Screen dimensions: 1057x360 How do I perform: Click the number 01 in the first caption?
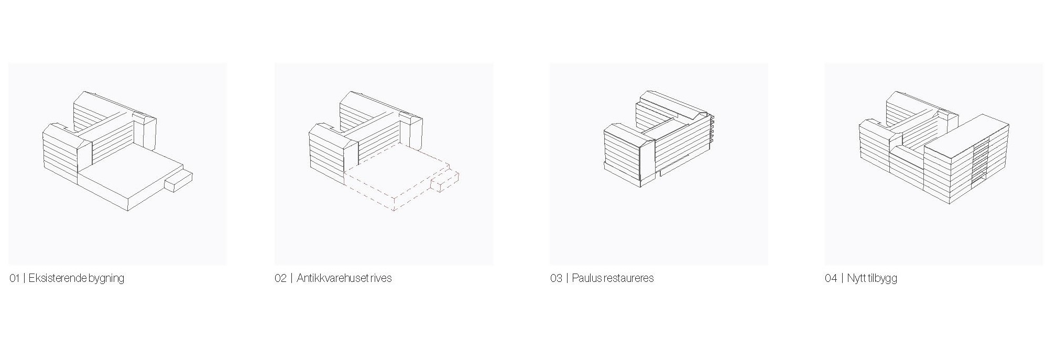pos(14,278)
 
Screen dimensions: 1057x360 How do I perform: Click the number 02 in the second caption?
pos(280,278)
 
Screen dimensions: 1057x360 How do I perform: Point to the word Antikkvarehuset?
pos(332,278)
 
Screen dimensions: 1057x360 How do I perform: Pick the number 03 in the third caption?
pos(556,278)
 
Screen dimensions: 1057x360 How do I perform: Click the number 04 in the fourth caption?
pos(831,278)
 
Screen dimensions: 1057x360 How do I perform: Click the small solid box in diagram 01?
pos(178,181)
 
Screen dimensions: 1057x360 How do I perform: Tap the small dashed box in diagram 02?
pos(444,181)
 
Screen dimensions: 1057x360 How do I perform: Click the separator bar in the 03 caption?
pos(567,278)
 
